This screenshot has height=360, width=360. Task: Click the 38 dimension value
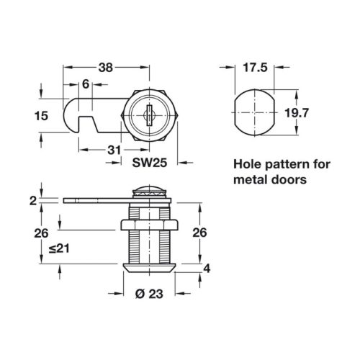[x=106, y=68]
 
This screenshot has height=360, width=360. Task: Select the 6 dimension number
[x=86, y=84]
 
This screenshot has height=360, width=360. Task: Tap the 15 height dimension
[x=41, y=116]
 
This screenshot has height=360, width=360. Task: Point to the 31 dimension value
[x=114, y=150]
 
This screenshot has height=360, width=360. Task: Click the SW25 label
[x=150, y=163]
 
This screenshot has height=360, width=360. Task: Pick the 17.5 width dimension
[x=255, y=68]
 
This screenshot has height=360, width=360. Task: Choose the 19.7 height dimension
[x=297, y=113]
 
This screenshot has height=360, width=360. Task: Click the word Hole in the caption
[x=248, y=164]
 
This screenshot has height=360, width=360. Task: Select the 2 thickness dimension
[x=33, y=201]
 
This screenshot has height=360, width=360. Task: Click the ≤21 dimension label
[x=59, y=248]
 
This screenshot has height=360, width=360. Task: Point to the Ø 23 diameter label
[x=149, y=294]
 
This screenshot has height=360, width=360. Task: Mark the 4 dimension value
[x=207, y=269]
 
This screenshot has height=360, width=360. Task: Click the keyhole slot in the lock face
[x=149, y=115]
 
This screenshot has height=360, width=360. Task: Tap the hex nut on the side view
[x=149, y=225]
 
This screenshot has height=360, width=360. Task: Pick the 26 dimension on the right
[x=199, y=233]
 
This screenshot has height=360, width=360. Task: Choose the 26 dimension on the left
[x=41, y=233]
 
